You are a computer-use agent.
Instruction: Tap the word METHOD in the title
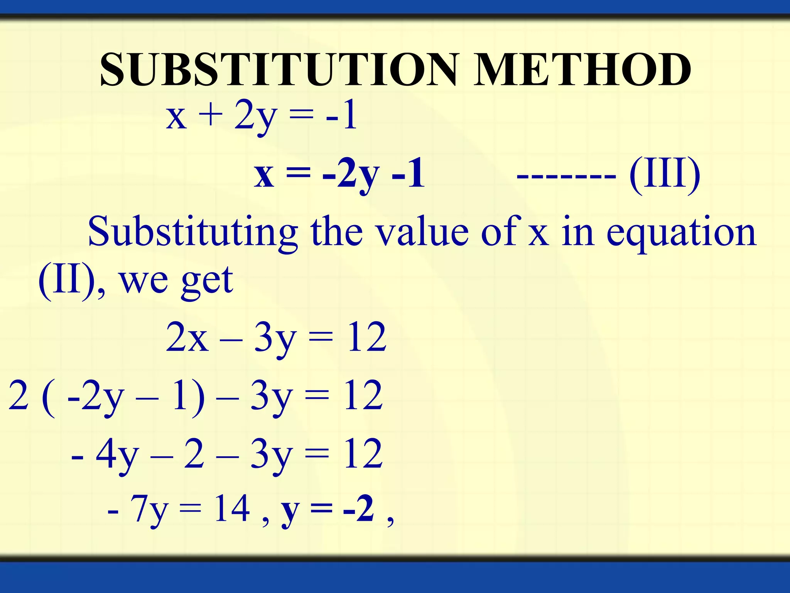pos(582,69)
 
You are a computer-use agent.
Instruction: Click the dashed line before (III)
pos(566,176)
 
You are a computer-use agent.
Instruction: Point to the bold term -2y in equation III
pos(351,176)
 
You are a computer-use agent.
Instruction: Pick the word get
pos(207,281)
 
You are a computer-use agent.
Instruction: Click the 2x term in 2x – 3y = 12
pos(187,337)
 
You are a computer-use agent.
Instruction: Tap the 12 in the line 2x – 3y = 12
pos(366,337)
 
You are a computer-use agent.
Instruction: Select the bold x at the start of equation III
pos(264,176)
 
